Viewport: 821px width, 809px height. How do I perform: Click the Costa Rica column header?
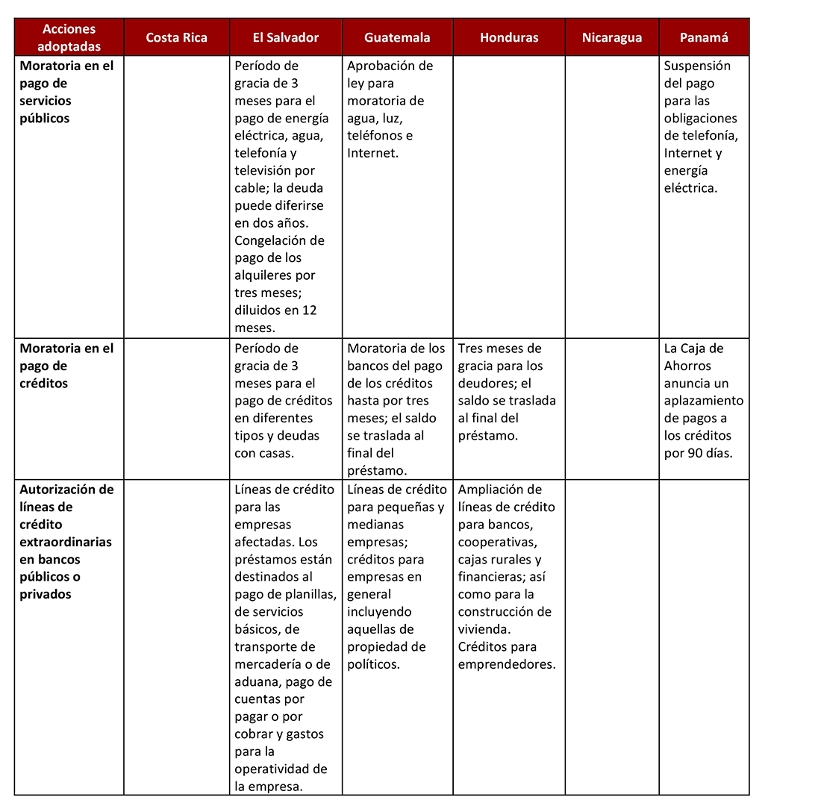(x=177, y=37)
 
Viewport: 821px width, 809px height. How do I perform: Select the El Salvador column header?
(x=286, y=37)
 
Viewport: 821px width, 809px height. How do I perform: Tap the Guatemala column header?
(x=397, y=37)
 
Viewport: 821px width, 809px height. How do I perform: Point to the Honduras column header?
(x=509, y=37)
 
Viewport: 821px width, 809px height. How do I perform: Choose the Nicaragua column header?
(x=612, y=37)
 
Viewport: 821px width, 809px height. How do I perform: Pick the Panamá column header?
(x=704, y=37)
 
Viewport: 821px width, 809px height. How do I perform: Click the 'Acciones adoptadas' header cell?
(x=69, y=37)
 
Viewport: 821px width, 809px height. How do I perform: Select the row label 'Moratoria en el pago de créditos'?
(x=66, y=366)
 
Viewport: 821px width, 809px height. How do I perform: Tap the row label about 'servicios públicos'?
(x=66, y=91)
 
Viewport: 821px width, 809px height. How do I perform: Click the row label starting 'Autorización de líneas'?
(x=66, y=541)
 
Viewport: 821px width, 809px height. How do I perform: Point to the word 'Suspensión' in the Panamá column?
(x=697, y=66)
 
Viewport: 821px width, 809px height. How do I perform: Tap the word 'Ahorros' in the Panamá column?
(x=687, y=366)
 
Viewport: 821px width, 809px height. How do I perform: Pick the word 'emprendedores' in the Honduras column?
(x=507, y=664)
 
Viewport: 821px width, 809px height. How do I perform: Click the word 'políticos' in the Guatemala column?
(x=374, y=664)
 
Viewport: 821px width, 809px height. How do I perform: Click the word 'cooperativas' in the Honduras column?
(x=497, y=542)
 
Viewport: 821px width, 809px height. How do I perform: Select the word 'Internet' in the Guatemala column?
(x=372, y=153)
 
